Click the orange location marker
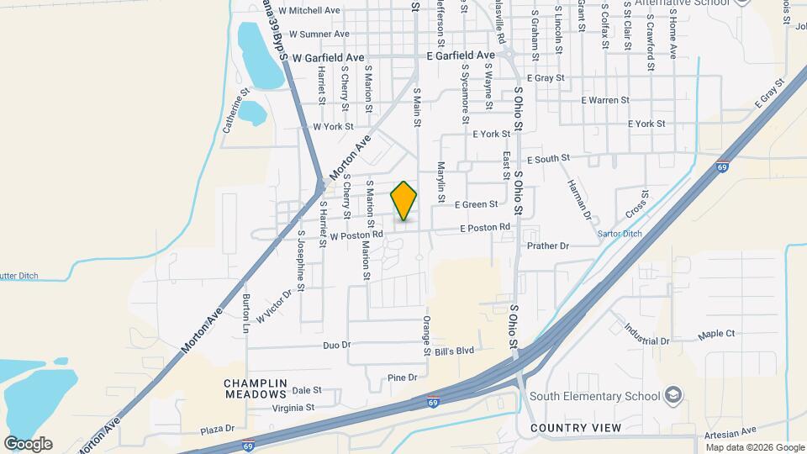[x=404, y=200]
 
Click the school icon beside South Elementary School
[x=673, y=394]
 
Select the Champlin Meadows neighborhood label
[x=256, y=388]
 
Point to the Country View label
[x=576, y=428]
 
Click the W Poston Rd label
[x=356, y=235]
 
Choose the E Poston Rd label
[x=485, y=228]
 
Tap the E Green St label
[x=476, y=204]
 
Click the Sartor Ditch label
[x=620, y=232]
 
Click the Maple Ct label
[x=716, y=335]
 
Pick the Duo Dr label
[x=336, y=346]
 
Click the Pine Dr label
[x=403, y=377]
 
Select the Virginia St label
[x=293, y=408]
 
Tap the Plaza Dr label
[x=218, y=430]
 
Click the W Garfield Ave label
[x=329, y=58]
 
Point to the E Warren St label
[x=605, y=100]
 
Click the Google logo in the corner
[x=28, y=444]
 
